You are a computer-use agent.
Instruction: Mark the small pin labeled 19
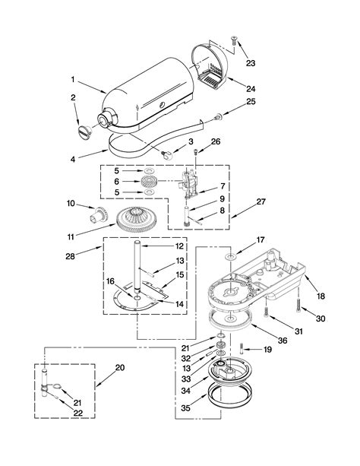point(241,350)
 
